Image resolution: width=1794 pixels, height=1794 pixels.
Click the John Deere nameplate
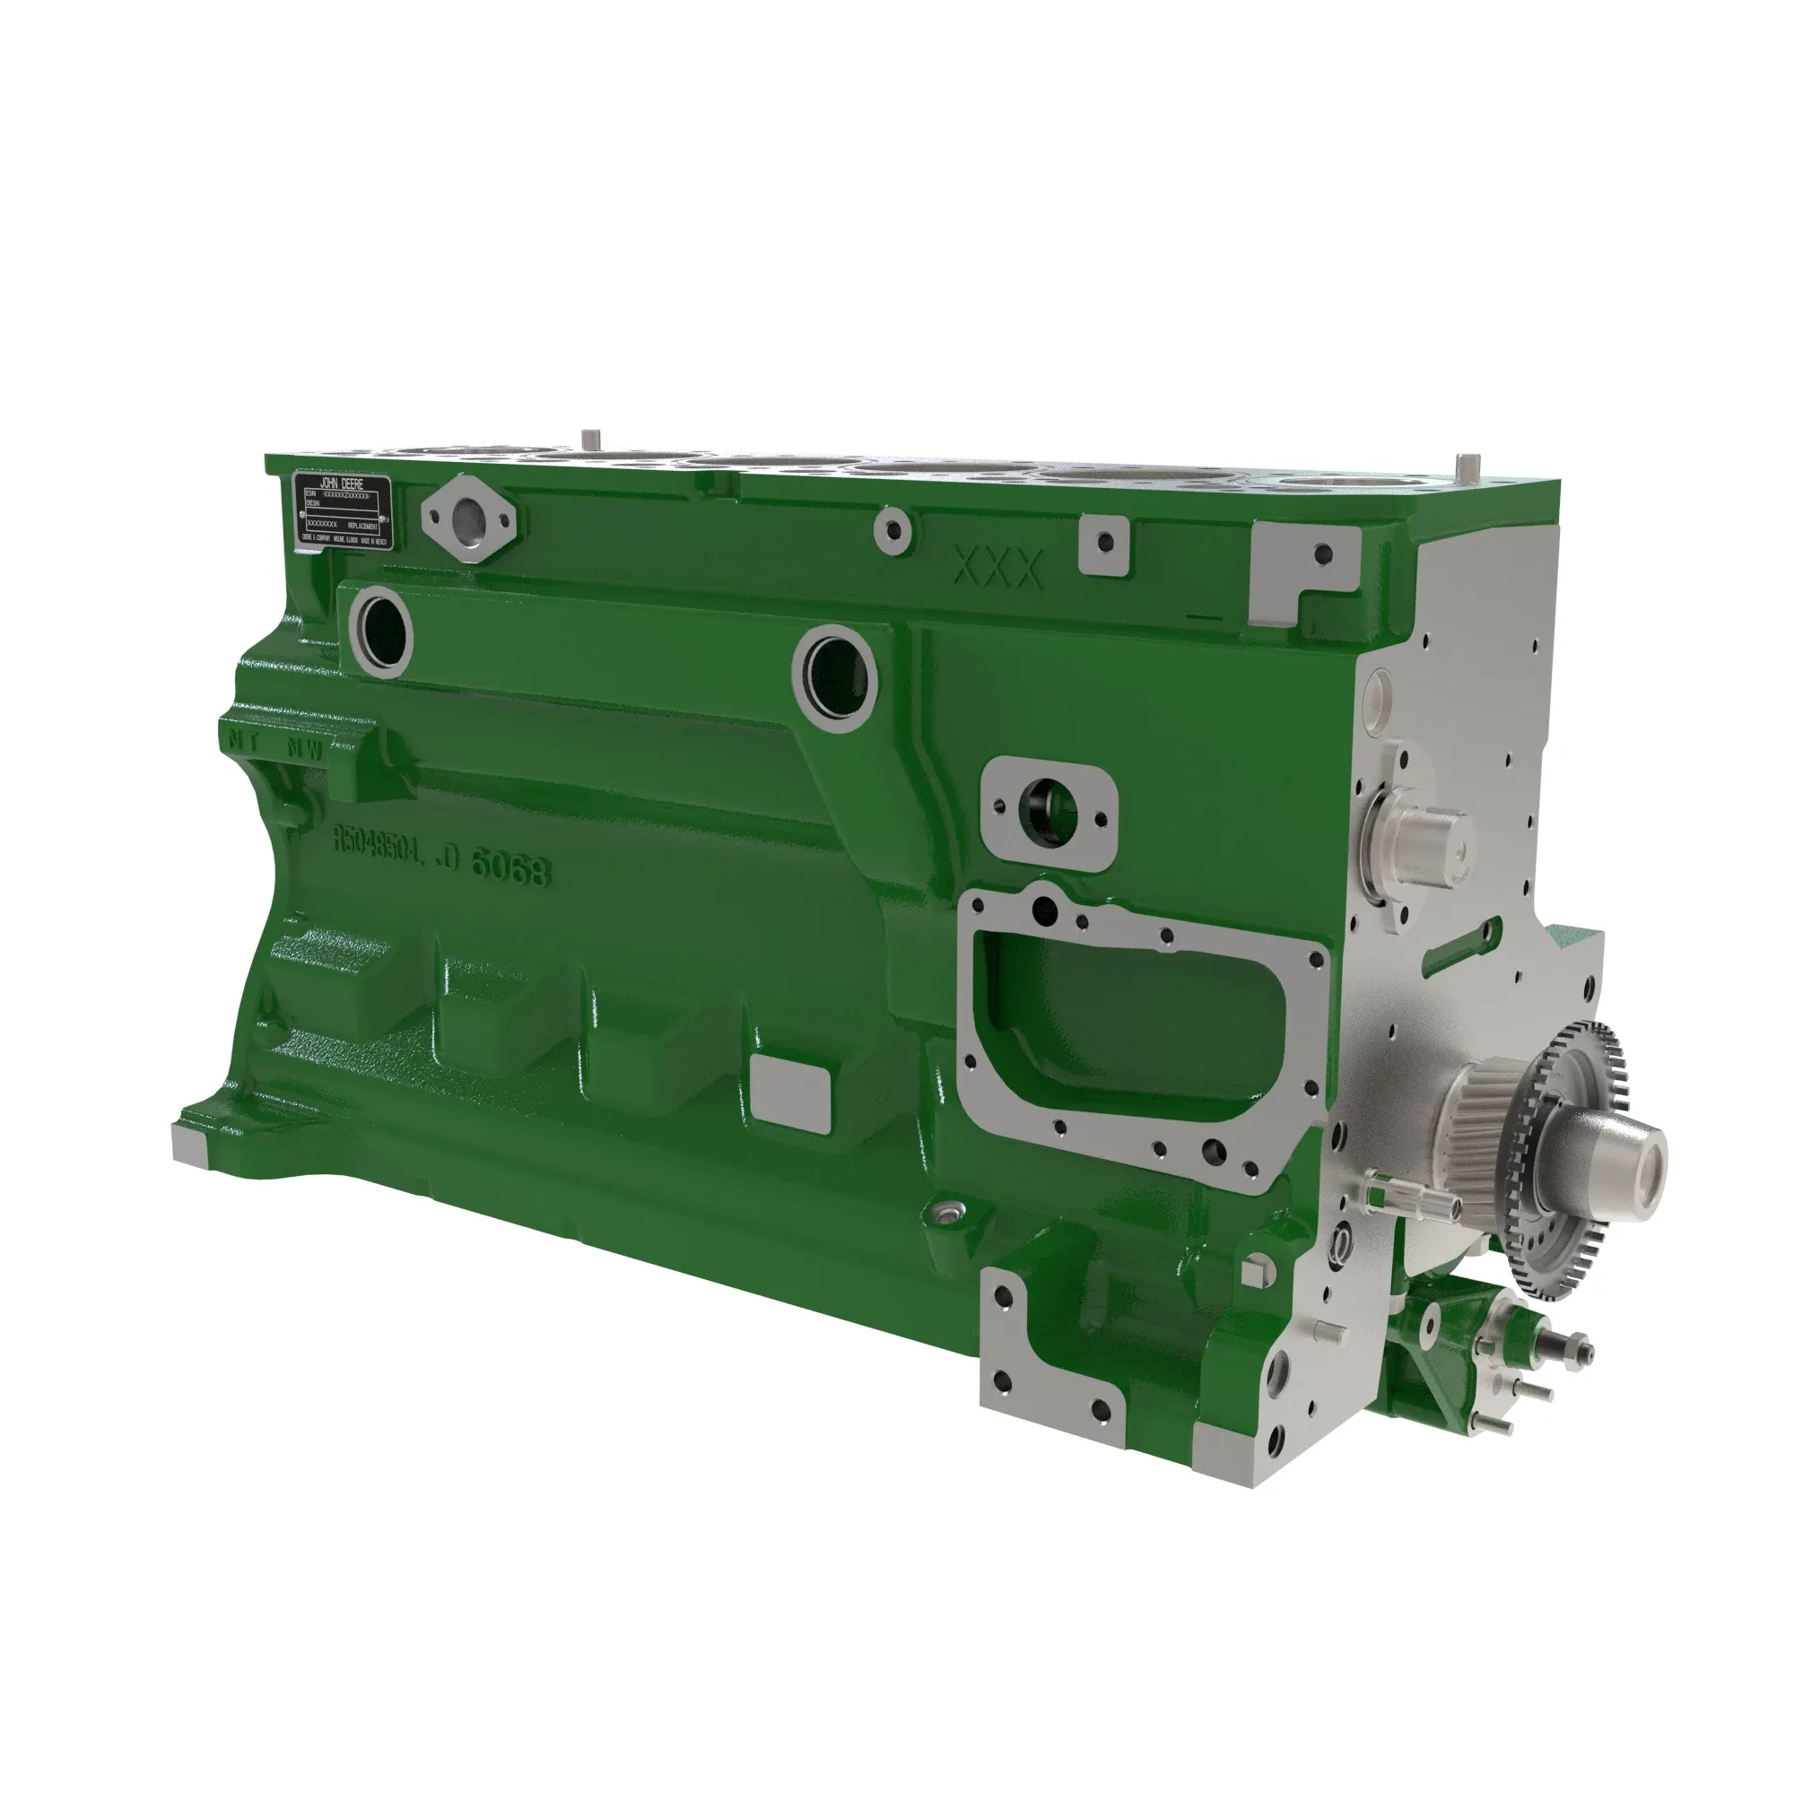click(x=343, y=510)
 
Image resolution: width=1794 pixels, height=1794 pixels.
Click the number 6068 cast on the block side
click(x=510, y=867)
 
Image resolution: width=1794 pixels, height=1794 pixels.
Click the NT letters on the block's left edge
click(x=244, y=740)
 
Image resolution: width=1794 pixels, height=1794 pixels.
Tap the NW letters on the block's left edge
click(x=306, y=748)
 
